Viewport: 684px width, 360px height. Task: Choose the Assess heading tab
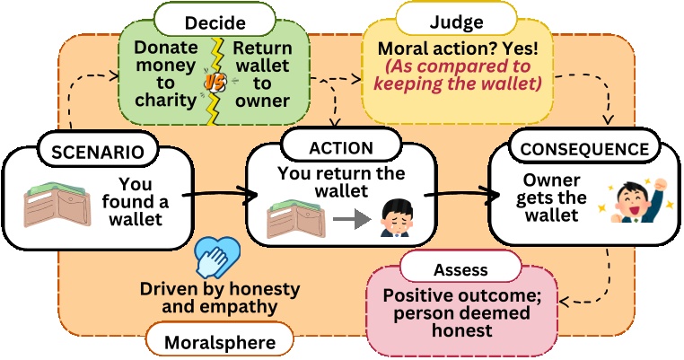click(460, 268)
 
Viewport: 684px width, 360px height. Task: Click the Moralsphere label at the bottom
click(218, 342)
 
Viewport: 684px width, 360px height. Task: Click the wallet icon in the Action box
click(294, 216)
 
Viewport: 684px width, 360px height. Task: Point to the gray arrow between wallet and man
click(348, 217)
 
